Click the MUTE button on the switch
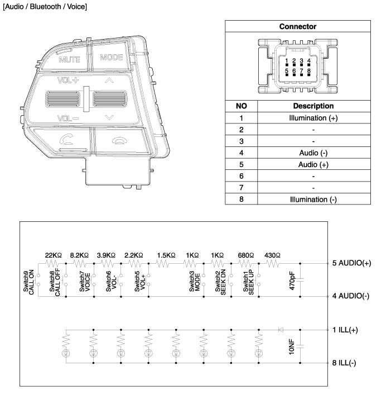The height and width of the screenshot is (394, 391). point(69,59)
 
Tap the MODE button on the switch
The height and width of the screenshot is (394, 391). point(112,58)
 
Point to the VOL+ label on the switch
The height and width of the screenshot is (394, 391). point(67,80)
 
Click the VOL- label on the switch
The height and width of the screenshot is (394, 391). point(67,118)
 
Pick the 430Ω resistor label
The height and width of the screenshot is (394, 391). point(272,254)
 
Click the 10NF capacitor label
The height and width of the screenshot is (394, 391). point(292,346)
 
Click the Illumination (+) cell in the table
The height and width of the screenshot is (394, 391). point(313,118)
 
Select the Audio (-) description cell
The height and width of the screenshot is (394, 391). point(313,151)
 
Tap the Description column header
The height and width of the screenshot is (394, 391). point(313,106)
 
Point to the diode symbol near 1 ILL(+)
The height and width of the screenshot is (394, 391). point(281,330)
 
